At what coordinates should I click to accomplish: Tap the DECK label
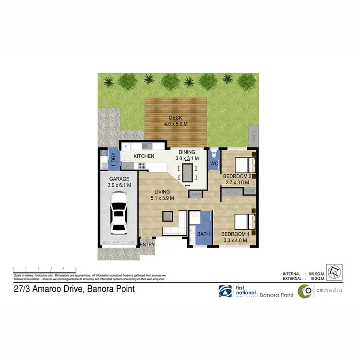[175, 118]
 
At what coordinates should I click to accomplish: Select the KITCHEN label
[144, 156]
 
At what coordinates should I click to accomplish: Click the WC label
[214, 164]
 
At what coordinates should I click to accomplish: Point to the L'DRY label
[114, 160]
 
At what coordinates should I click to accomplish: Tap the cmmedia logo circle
[304, 291]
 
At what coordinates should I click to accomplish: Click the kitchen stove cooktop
[142, 166]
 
